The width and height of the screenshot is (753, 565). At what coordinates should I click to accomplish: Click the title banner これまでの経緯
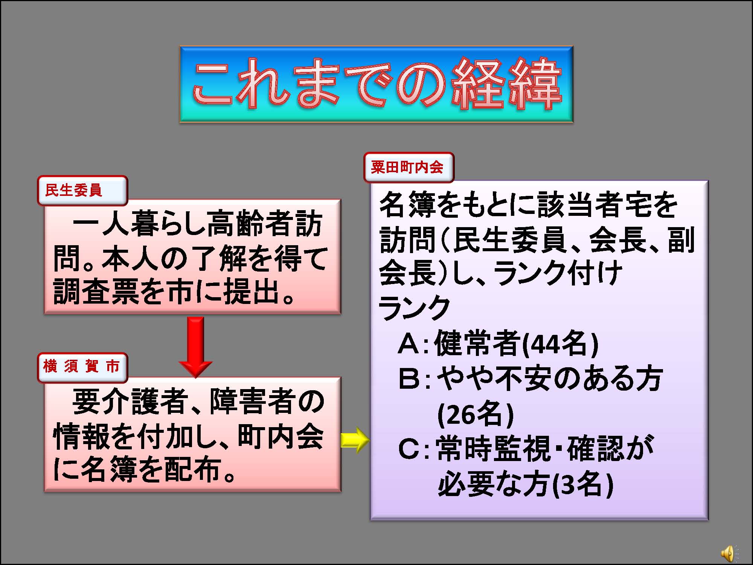tap(376, 84)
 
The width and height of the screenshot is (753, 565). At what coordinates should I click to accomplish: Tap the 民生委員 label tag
tap(82, 191)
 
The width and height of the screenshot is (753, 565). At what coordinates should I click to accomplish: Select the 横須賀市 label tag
tap(82, 367)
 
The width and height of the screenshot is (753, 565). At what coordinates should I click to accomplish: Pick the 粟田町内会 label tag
tap(409, 167)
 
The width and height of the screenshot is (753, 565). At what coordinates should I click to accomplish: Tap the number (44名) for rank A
tap(561, 344)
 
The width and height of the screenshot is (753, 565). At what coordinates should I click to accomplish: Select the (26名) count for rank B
tap(476, 415)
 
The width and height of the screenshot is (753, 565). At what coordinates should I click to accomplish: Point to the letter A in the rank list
tap(409, 344)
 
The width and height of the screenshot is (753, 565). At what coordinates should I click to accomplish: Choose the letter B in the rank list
tap(409, 379)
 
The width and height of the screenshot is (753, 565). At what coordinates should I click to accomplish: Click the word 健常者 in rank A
tap(478, 344)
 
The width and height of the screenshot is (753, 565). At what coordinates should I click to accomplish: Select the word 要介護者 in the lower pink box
tap(130, 402)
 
